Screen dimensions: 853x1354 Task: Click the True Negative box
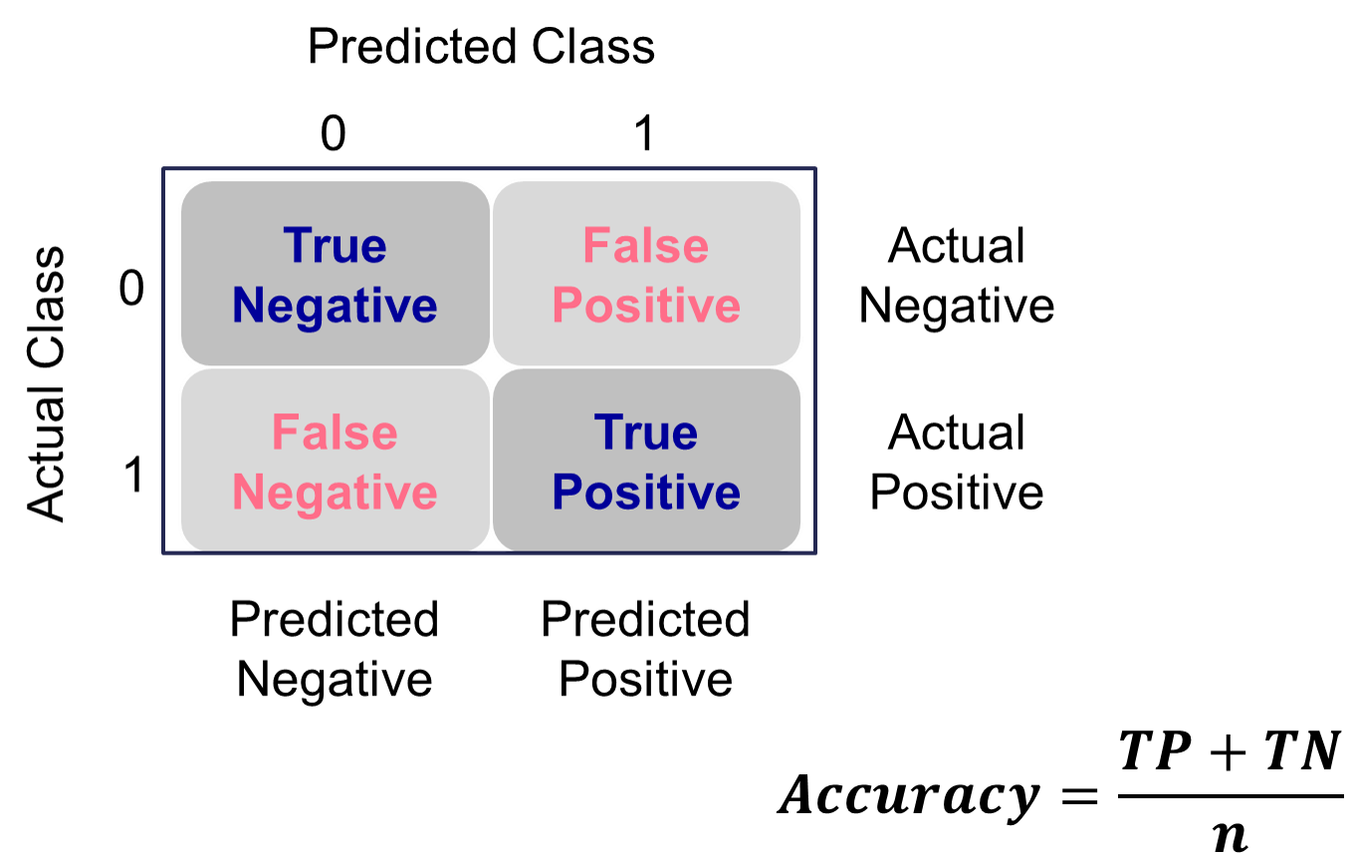(335, 274)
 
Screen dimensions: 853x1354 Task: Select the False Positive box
(646, 274)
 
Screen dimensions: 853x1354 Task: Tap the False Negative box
(335, 461)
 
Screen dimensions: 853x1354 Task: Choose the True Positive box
(646, 461)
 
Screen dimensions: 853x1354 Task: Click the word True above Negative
(335, 245)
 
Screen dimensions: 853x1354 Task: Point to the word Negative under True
(335, 306)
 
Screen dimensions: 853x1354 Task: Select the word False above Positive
(646, 245)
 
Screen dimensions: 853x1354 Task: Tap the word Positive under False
(646, 306)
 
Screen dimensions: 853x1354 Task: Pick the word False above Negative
(335, 432)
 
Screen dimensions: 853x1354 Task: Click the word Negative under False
(335, 493)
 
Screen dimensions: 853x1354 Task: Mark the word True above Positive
(646, 432)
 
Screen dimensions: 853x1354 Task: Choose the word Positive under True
(646, 493)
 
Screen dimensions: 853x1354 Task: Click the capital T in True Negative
(297, 245)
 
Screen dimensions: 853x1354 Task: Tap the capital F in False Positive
(595, 245)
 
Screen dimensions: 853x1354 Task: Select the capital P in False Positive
(566, 305)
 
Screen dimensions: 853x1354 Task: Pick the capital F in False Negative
(285, 432)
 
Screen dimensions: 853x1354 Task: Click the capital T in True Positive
(608, 432)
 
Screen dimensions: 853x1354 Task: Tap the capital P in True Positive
(566, 492)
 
